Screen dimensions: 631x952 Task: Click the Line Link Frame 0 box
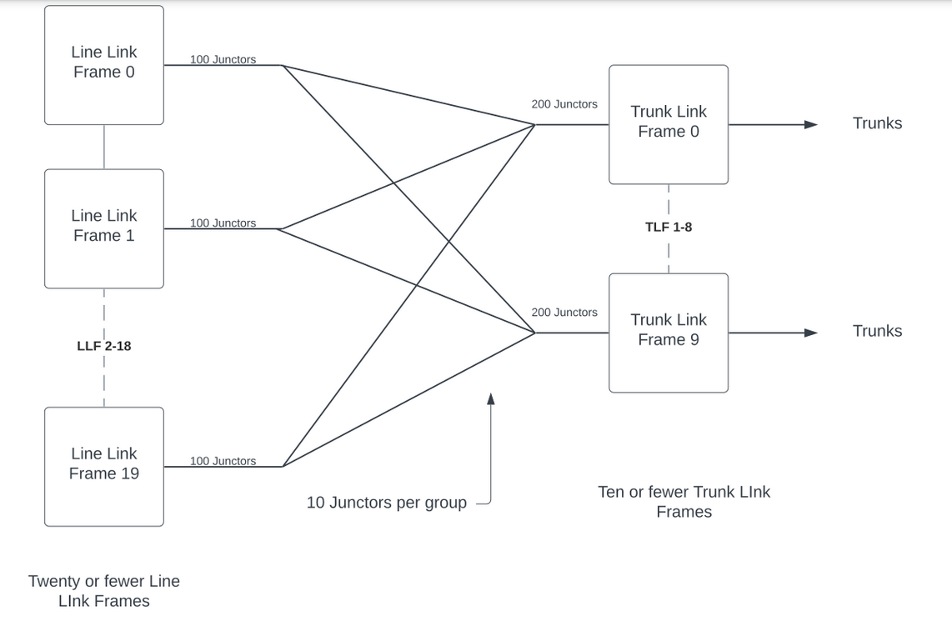[x=103, y=64]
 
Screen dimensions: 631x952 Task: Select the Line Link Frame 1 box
[x=103, y=228]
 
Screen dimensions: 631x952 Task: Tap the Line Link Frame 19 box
[x=103, y=466]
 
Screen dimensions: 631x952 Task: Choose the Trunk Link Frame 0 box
[x=668, y=124]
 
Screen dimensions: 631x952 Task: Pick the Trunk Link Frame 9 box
[x=668, y=332]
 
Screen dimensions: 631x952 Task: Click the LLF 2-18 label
[x=103, y=346]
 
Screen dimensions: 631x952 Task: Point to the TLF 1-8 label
[x=668, y=227]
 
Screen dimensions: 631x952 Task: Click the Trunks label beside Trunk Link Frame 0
[x=877, y=123]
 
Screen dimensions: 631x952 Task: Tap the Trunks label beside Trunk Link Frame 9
[x=877, y=331]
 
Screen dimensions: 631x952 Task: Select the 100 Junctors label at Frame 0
[x=223, y=59]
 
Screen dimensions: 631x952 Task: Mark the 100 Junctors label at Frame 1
[x=223, y=223]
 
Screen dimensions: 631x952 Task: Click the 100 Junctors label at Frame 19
[x=223, y=461]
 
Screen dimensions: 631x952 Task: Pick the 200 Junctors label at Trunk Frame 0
[x=564, y=104]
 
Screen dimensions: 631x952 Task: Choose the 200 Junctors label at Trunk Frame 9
[x=564, y=313]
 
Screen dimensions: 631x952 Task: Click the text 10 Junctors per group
[x=386, y=503]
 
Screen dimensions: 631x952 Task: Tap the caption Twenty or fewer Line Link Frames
[x=103, y=591]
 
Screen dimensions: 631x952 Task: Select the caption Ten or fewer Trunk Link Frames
[x=684, y=502]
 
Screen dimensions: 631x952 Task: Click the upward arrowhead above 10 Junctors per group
[x=491, y=399]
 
